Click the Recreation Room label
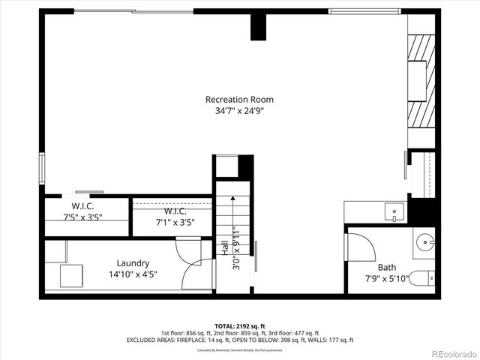coord(239,99)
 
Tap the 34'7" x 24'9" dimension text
coord(239,110)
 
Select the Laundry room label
coord(133,263)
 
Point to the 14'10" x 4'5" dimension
coord(133,274)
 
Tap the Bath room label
coord(386,267)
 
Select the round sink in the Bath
coord(424,244)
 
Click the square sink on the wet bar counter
coord(394,213)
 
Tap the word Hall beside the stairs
coord(225,248)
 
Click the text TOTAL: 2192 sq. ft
coord(239,325)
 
